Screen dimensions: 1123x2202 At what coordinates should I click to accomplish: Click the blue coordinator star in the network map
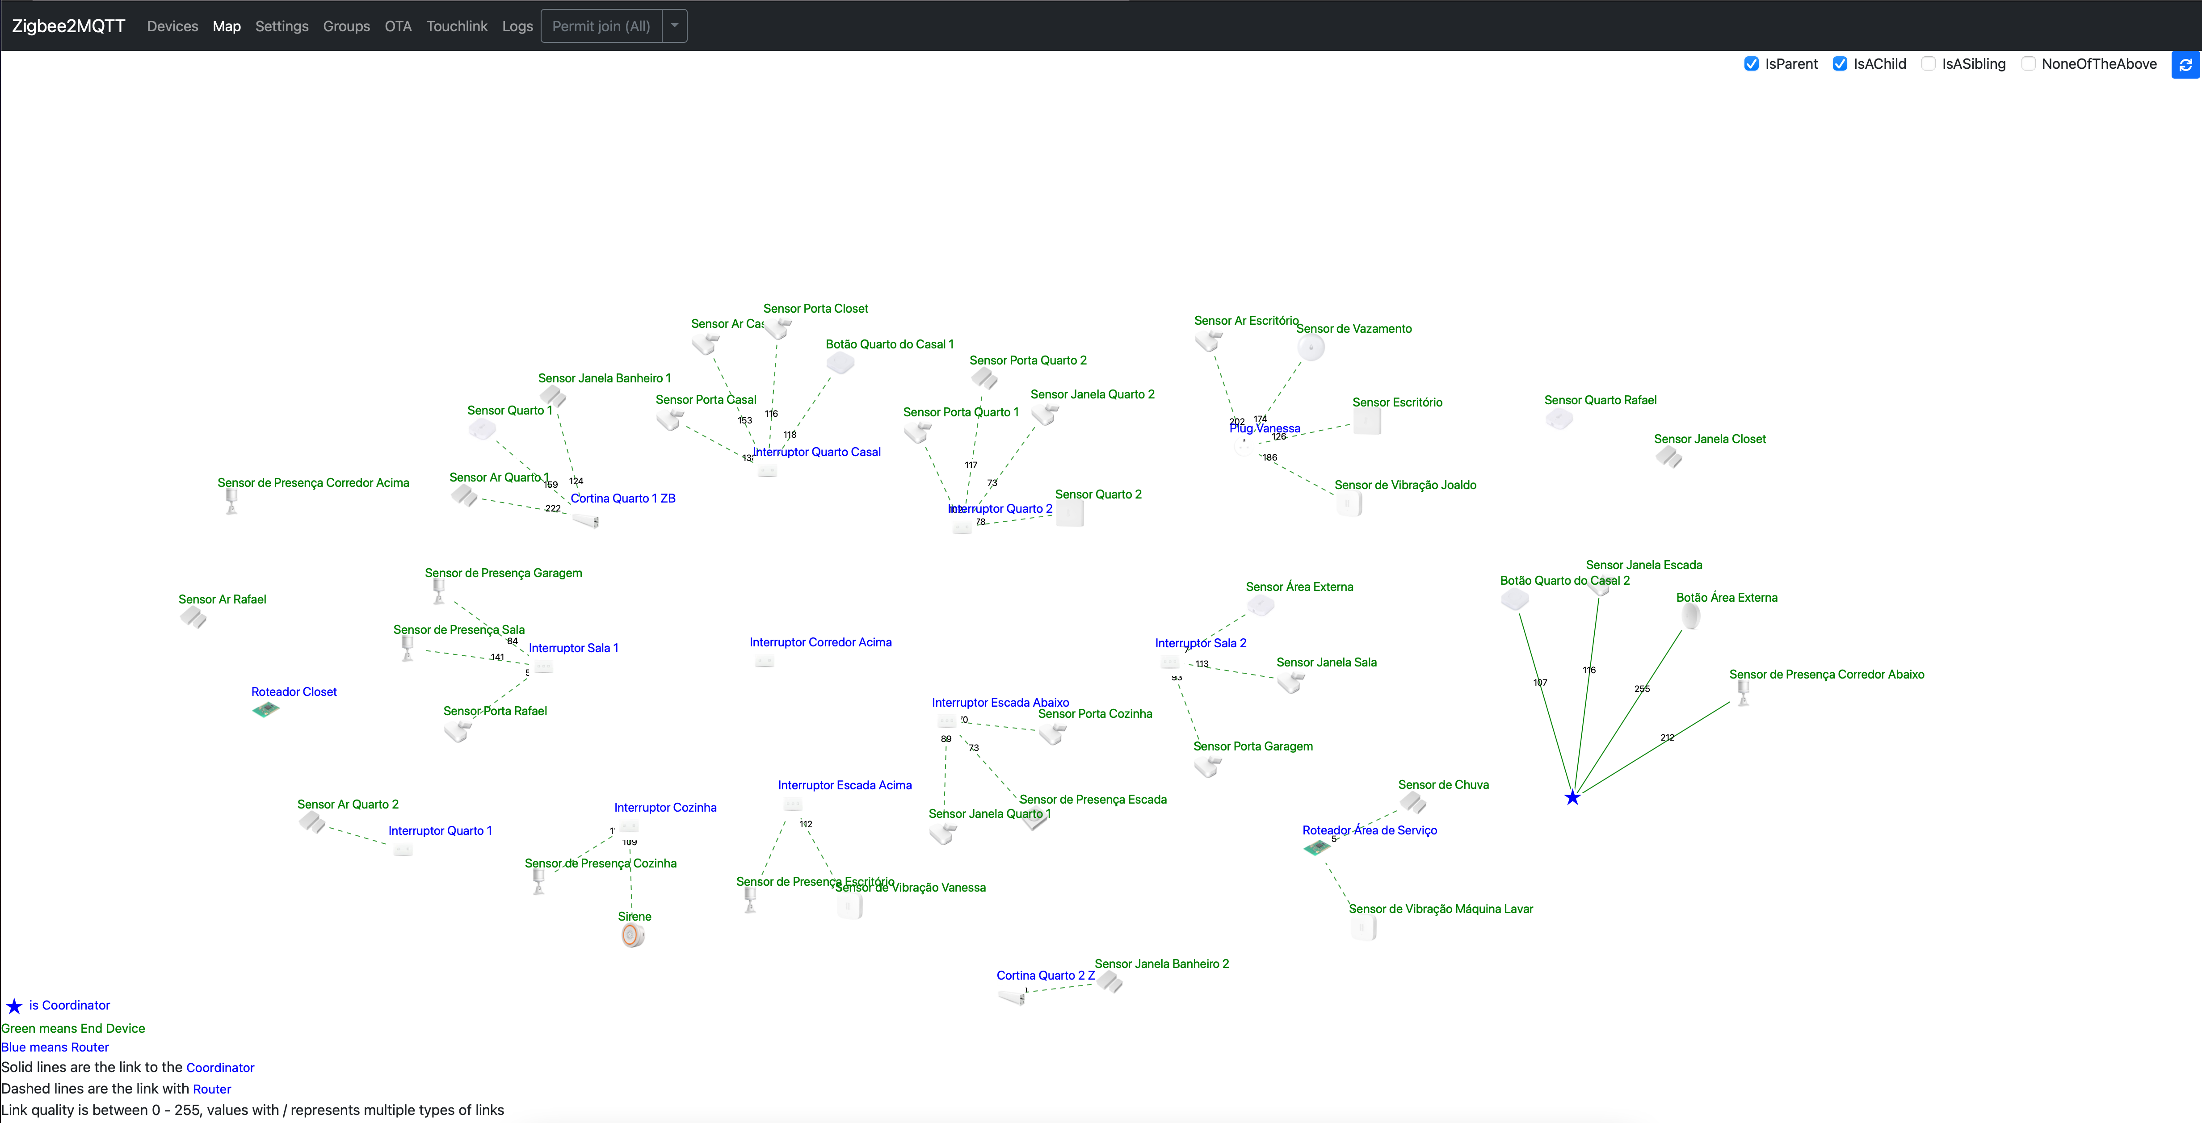1572,797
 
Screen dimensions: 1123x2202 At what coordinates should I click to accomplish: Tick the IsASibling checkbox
1929,64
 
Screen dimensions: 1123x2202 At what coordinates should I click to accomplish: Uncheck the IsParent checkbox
1752,64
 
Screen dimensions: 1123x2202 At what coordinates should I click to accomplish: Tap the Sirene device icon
633,936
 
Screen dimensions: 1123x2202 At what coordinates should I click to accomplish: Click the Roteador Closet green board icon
266,709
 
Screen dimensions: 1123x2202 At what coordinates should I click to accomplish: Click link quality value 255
1641,689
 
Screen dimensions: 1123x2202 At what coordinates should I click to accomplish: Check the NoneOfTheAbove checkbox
2028,64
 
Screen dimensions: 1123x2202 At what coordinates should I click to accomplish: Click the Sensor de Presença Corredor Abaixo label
1826,675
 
